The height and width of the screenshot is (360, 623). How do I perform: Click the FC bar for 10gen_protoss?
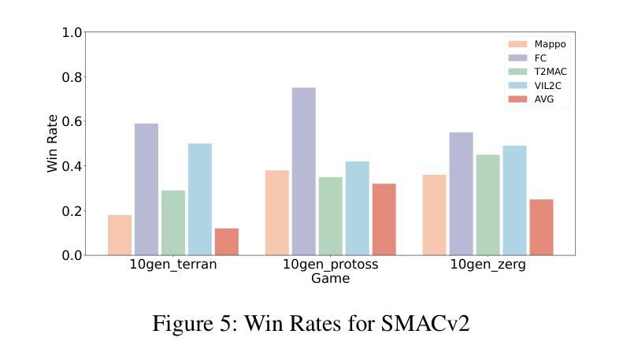[303, 171]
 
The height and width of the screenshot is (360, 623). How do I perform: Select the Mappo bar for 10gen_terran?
[120, 235]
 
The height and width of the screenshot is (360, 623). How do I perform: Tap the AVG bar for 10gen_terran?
[227, 242]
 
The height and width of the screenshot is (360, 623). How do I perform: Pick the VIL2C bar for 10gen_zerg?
[514, 200]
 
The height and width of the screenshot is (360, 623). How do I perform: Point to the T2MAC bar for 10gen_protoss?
[330, 216]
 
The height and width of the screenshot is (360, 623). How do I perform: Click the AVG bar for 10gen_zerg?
[541, 227]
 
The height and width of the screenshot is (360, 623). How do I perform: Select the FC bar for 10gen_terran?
[146, 189]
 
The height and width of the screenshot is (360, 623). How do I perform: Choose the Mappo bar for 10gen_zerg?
[434, 214]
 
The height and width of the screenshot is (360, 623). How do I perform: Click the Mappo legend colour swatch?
[517, 44]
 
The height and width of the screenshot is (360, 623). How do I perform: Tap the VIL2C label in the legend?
[550, 85]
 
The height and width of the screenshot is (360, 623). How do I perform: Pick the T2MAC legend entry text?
[551, 72]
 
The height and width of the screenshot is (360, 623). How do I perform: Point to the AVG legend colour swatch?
[517, 99]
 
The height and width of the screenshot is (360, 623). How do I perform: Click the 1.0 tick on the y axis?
[72, 33]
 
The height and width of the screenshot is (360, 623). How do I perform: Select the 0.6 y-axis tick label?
[72, 122]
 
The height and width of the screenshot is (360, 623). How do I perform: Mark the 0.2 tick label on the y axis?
[72, 211]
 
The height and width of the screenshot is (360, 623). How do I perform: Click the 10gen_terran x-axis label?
[173, 265]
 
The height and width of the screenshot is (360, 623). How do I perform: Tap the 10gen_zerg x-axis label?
[488, 265]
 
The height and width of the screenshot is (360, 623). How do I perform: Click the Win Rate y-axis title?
[53, 143]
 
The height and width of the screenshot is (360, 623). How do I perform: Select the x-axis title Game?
[330, 278]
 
